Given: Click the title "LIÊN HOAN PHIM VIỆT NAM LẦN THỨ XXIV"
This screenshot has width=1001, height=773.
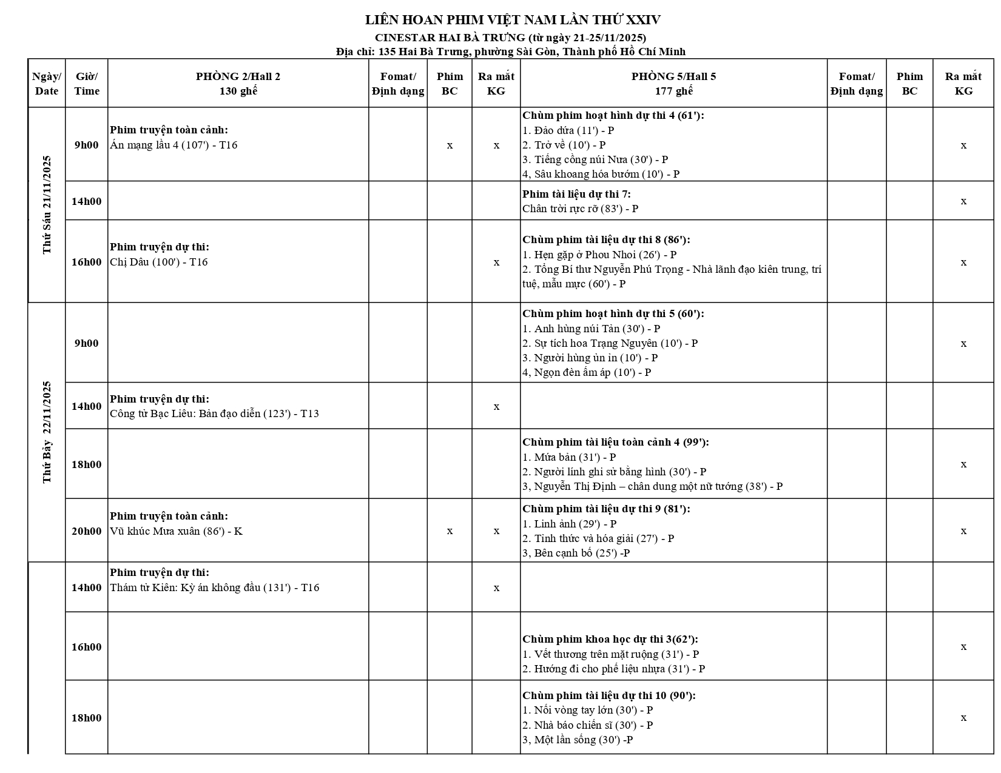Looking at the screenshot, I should coord(513,20).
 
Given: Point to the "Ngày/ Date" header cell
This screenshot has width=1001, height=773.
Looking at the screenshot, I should coord(47,84).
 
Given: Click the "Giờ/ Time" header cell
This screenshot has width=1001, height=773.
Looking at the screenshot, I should coord(87,84).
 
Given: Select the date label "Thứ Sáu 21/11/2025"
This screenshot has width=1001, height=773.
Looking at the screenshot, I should coord(47,205).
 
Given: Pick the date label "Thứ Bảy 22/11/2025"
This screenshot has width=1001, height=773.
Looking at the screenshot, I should coord(47,432).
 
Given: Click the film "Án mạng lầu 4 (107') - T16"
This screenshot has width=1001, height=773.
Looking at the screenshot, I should coord(174,146).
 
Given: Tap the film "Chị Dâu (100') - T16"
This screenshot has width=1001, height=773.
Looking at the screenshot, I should coord(159,263).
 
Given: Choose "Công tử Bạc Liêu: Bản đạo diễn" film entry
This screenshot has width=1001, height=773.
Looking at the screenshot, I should coord(214,414).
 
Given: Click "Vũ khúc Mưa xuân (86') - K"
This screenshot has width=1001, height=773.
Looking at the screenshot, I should coord(176,532).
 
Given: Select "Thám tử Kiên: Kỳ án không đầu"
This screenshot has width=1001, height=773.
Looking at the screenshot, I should coord(214,588).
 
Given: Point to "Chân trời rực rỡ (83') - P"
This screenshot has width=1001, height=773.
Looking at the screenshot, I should coord(580,209).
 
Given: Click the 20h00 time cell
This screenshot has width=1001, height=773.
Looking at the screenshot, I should coord(87,532).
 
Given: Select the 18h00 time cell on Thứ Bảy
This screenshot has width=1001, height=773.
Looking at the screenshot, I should coord(87,465).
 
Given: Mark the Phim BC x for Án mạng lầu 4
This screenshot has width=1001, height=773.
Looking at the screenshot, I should coord(450,146).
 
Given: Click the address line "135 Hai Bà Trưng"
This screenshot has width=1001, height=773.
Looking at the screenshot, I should coord(511,52).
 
